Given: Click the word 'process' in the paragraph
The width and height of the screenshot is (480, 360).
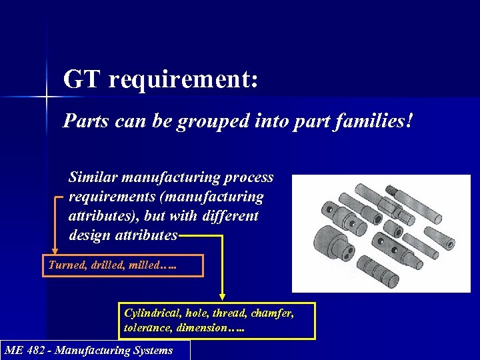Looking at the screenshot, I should point(248,178).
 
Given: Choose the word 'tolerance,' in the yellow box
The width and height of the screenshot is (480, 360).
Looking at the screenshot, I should point(147,328).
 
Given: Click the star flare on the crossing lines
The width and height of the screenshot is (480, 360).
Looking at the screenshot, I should point(47,97).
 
